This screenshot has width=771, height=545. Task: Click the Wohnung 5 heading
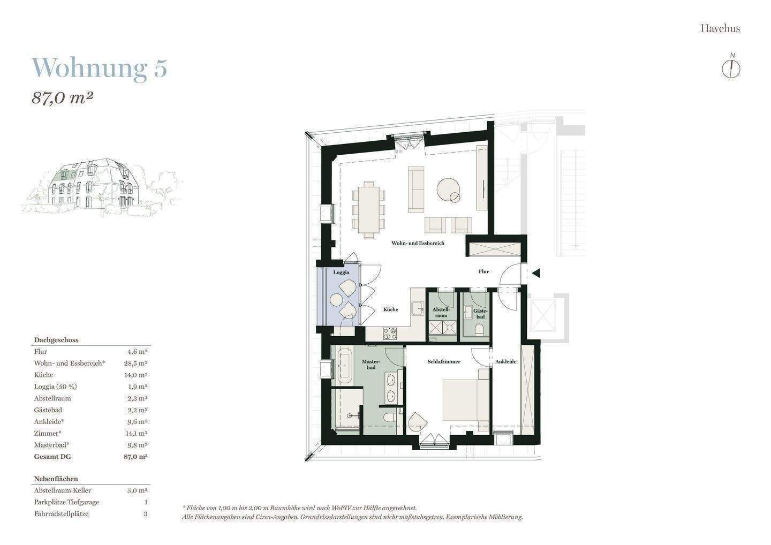tap(100, 68)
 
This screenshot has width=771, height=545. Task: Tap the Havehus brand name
tap(720, 28)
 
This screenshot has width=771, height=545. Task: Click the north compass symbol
tap(731, 67)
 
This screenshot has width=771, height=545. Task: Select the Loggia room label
tap(341, 272)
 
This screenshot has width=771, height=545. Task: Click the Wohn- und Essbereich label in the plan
tap(418, 243)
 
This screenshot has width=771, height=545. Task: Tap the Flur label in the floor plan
tap(483, 271)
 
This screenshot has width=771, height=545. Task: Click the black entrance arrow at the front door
tap(535, 273)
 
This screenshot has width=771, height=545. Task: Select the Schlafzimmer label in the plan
tap(444, 362)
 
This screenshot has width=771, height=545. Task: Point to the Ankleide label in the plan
tap(505, 362)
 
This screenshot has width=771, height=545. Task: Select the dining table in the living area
tap(369, 209)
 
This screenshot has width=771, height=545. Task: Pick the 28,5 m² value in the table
tap(137, 364)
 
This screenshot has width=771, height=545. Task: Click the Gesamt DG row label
tap(52, 457)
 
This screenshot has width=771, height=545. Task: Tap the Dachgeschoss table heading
tap(56, 340)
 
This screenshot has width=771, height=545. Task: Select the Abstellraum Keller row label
tap(63, 490)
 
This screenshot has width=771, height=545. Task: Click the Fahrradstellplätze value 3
tap(146, 514)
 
